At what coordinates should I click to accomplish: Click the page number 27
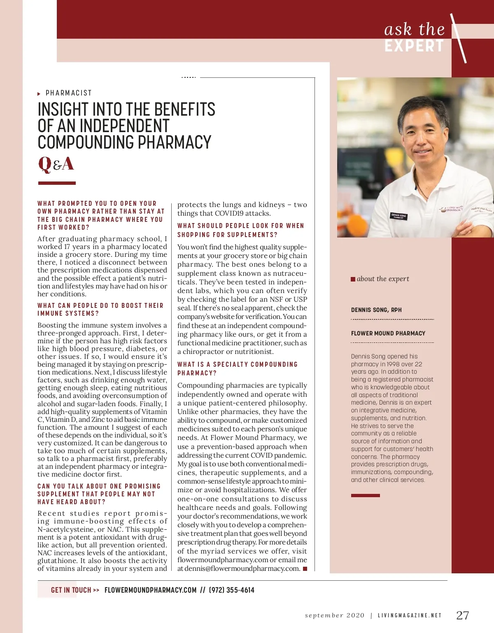point(462,615)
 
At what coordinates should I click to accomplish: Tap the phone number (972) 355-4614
point(232,590)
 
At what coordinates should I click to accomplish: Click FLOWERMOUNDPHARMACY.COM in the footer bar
point(150,590)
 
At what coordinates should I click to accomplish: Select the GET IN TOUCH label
point(71,590)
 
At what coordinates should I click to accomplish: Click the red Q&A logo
point(56,164)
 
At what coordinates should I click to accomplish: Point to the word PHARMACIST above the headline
point(68,93)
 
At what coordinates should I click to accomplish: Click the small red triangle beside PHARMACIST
point(39,94)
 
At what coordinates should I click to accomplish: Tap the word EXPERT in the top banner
point(414,46)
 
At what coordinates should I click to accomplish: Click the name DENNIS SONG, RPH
point(376,310)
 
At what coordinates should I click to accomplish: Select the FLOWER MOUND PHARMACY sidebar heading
point(388,333)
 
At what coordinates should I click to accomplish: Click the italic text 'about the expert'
point(383,279)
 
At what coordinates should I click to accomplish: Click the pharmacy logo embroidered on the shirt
point(450,209)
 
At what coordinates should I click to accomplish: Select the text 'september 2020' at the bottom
point(334,615)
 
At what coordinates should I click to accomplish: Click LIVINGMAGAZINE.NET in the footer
point(409,615)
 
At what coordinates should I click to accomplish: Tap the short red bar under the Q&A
point(57,183)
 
